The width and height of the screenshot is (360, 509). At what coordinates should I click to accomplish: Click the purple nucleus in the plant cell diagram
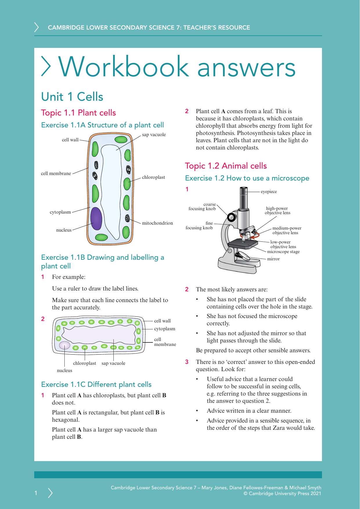96,218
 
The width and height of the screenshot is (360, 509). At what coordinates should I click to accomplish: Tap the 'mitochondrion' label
157,223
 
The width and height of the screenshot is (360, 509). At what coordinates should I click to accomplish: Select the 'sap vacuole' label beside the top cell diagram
154,135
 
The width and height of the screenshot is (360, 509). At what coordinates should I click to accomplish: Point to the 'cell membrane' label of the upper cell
56,174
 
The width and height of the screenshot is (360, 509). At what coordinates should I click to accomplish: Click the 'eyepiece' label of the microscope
269,192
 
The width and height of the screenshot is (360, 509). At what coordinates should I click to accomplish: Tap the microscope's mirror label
273,259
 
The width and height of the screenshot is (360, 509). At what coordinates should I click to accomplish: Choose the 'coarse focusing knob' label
202,207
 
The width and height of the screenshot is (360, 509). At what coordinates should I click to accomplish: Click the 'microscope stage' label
283,252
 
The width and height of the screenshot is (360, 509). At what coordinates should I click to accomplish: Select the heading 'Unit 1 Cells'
72,97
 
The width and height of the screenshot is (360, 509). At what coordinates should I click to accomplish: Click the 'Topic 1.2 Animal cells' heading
226,166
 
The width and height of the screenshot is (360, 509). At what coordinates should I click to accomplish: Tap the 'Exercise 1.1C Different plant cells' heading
96,385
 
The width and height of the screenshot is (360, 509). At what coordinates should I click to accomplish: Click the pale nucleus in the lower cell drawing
65,345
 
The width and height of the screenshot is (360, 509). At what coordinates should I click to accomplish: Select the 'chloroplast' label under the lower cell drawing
84,363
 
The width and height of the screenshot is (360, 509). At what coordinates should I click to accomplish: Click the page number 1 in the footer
36,493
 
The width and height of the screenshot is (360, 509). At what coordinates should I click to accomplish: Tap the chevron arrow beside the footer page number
50,493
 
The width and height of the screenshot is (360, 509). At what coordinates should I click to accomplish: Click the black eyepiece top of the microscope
244,190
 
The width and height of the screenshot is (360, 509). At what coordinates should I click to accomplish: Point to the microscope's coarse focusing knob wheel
231,217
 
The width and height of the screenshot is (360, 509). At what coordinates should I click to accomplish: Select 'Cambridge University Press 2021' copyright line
282,493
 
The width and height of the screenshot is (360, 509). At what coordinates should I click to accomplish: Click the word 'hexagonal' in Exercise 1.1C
65,420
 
